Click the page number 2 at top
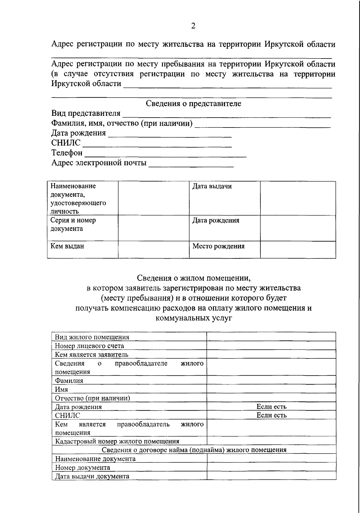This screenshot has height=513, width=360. point(193,26)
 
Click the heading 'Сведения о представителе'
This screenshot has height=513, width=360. point(193,104)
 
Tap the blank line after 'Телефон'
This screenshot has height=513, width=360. point(165,154)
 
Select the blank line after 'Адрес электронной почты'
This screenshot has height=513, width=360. point(191,164)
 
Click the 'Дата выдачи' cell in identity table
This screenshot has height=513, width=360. point(212,186)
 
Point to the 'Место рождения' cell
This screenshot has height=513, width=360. point(218,246)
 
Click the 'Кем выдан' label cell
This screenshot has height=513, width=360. point(67,246)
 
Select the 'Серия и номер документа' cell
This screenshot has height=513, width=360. point(73,224)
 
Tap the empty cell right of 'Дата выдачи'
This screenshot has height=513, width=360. point(298,198)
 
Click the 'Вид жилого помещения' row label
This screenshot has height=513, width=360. point(92,337)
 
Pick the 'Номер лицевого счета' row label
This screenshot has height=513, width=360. point(89,346)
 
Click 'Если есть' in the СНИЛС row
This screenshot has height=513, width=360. point(271,415)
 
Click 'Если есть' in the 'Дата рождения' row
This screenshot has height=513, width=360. point(271,406)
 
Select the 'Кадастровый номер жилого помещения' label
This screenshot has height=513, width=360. point(117,441)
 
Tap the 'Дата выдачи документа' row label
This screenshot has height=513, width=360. point(92,476)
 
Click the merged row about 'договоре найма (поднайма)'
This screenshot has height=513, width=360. point(194,450)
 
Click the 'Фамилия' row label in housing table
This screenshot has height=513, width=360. point(69,381)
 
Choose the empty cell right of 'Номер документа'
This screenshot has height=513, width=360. point(271,467)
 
